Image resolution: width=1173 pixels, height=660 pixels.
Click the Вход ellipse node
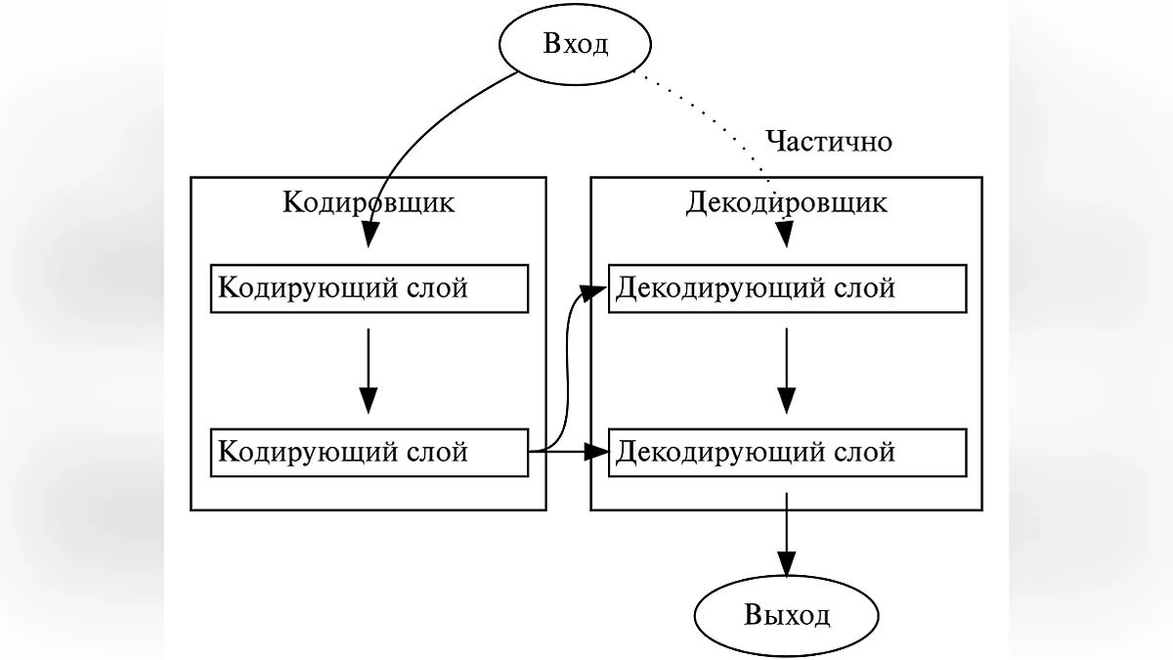tap(575, 45)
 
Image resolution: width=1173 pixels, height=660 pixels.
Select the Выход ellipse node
tap(787, 616)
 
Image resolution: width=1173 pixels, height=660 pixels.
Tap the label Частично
tap(829, 142)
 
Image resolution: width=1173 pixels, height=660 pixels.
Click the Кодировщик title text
tap(368, 202)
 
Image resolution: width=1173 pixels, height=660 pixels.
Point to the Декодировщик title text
tap(786, 202)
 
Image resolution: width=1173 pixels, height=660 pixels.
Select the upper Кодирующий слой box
tap(369, 288)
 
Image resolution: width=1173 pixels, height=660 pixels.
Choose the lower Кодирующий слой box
tap(369, 452)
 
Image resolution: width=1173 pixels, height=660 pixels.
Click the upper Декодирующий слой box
tap(787, 288)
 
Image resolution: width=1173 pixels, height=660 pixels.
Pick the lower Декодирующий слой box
tap(787, 452)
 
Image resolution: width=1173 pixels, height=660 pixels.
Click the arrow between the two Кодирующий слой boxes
tap(368, 367)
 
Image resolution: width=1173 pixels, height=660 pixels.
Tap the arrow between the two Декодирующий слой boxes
tap(787, 367)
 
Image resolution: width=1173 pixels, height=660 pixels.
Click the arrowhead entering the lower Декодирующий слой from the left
tap(596, 452)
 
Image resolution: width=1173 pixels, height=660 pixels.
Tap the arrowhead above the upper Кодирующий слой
tap(369, 235)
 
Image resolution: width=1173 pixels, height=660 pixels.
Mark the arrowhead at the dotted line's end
tap(786, 235)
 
